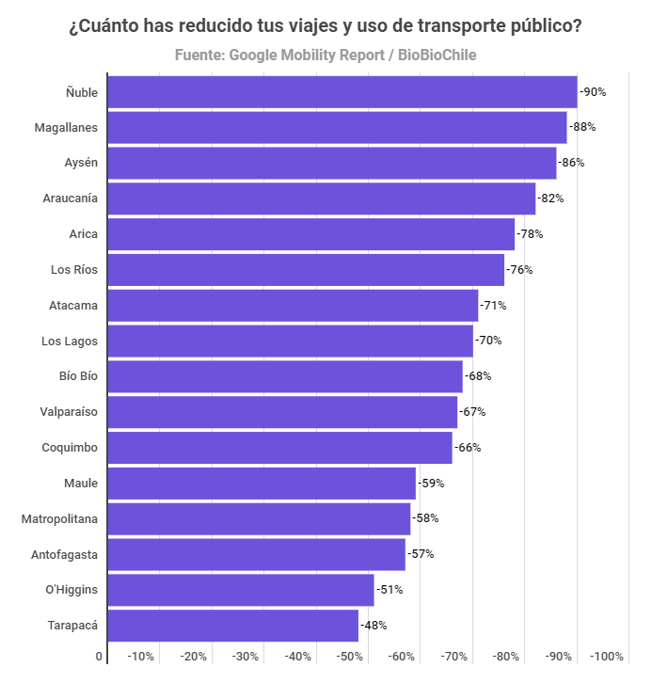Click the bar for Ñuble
click(x=342, y=92)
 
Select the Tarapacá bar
click(x=232, y=626)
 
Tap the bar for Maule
click(x=262, y=484)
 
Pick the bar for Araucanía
click(x=321, y=199)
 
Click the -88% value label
click(x=583, y=127)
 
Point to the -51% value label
click(x=390, y=590)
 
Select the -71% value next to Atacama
click(x=494, y=306)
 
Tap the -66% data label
click(x=467, y=448)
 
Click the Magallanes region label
click(x=66, y=127)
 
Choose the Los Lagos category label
click(x=70, y=341)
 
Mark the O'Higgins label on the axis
click(x=72, y=590)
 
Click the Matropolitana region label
click(x=59, y=518)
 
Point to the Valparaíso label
click(x=69, y=412)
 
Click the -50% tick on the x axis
click(x=350, y=657)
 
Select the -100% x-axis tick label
click(x=607, y=657)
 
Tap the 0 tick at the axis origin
click(x=99, y=657)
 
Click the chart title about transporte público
click(x=326, y=26)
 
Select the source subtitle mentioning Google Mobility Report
click(x=326, y=56)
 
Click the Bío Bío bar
click(x=285, y=376)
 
